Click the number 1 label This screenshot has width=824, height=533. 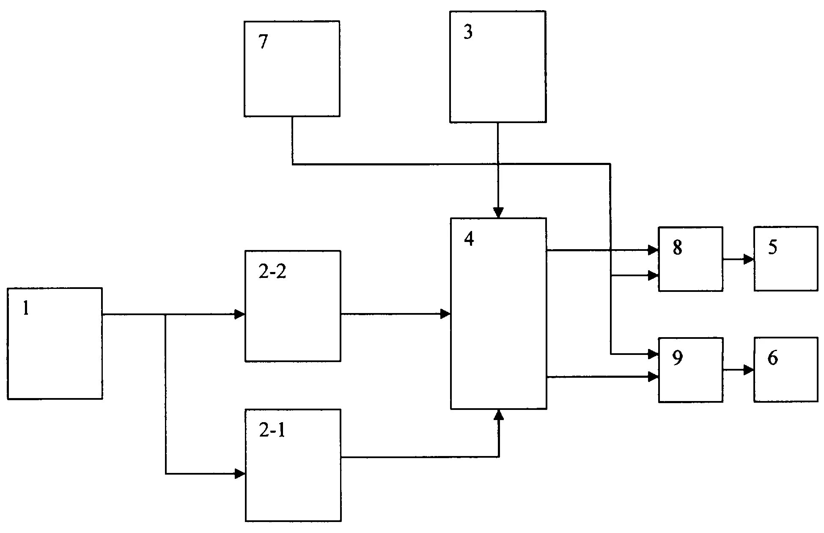(26, 309)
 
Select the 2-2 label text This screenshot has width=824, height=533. (272, 272)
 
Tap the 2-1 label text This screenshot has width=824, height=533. (272, 431)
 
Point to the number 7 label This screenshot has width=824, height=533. (263, 43)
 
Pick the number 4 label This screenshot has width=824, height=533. (469, 240)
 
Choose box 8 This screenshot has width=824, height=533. (690, 259)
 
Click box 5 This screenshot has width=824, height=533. (786, 258)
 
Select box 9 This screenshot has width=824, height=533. (690, 370)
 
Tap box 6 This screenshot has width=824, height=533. (786, 369)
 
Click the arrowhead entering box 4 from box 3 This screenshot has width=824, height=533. (499, 213)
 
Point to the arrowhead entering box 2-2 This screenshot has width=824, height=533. (240, 314)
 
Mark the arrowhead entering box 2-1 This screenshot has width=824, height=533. (240, 474)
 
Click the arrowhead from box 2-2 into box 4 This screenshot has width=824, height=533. (445, 314)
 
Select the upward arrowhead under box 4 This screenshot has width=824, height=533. (499, 415)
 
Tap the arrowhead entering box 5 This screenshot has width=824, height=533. (749, 259)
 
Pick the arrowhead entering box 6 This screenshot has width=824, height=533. (749, 370)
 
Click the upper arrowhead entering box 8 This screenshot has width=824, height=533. (654, 250)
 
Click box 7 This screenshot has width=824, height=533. (292, 69)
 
